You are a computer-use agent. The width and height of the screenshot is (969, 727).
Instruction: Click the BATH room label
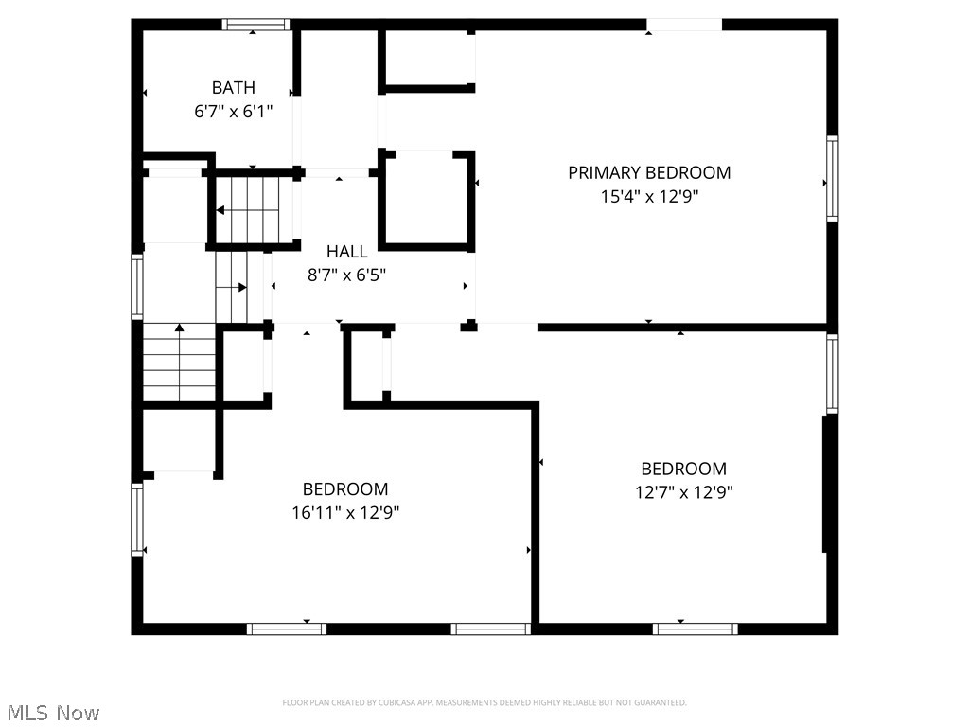[233, 88]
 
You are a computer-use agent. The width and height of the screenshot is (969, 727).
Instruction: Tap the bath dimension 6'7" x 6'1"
[233, 111]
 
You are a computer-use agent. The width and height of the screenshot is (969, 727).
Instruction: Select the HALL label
[346, 252]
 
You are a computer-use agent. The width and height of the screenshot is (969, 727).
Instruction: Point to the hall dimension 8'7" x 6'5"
[346, 275]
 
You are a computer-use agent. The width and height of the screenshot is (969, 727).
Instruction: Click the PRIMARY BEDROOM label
[649, 173]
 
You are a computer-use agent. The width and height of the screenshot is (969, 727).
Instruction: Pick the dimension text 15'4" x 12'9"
[649, 196]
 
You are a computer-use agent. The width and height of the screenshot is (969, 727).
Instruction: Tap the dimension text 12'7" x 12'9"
[683, 492]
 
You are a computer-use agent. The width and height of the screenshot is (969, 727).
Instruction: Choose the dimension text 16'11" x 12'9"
[345, 513]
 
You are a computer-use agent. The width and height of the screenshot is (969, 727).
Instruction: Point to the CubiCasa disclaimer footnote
[484, 702]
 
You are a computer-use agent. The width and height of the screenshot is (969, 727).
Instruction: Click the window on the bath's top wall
[255, 25]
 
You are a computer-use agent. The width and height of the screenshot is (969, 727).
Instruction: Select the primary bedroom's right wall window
[832, 178]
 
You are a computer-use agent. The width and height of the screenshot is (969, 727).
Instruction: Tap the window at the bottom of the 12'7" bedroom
[696, 628]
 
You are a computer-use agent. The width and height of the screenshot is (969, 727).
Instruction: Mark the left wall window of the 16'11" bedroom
[138, 519]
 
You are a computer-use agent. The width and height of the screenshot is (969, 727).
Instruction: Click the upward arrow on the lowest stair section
[179, 330]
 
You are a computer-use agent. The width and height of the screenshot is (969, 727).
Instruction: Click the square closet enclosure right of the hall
[426, 199]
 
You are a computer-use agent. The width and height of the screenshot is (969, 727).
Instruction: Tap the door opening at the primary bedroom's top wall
[684, 25]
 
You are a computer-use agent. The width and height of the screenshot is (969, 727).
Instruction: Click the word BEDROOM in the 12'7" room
[683, 469]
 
